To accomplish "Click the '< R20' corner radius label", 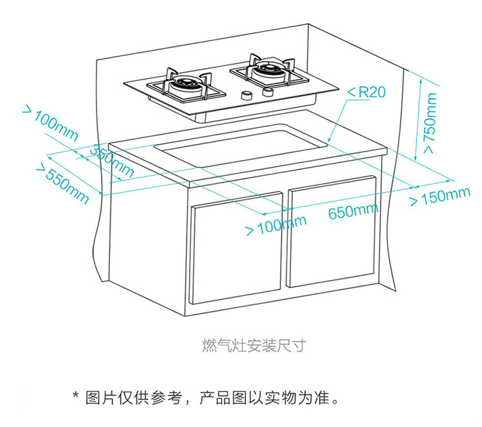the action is [x=366, y=92].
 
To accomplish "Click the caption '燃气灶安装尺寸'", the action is [x=253, y=346].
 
